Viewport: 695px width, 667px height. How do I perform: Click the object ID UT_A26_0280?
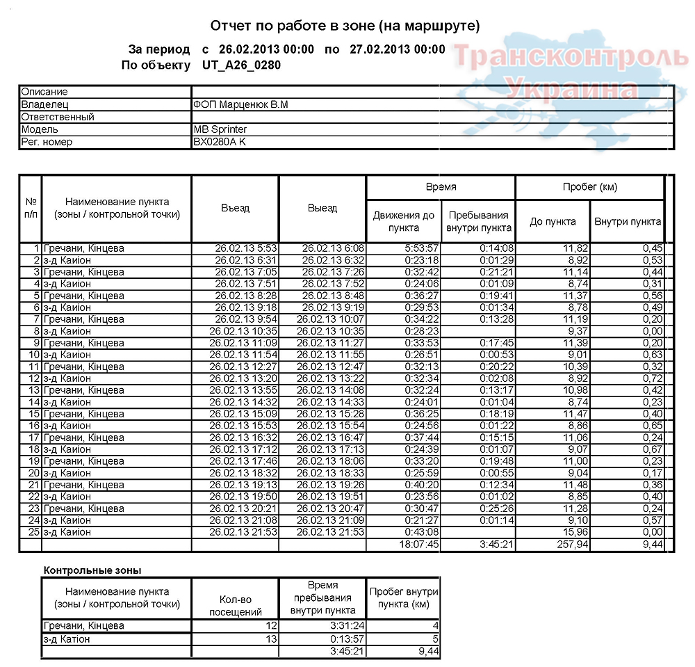[242, 65]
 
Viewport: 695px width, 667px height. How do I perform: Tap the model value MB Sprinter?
[220, 129]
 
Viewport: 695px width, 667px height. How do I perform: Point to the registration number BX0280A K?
[220, 142]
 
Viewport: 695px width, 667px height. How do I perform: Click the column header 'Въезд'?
[235, 208]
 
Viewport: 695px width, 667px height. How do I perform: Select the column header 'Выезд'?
[322, 208]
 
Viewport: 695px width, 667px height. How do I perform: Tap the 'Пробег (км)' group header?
[589, 187]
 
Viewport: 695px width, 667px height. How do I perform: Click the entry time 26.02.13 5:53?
[246, 248]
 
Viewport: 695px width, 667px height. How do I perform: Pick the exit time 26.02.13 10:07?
[331, 319]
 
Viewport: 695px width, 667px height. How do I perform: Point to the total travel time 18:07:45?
[418, 544]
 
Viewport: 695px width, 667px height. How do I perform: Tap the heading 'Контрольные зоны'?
[92, 570]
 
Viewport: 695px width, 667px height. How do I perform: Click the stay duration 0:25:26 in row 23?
[496, 508]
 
